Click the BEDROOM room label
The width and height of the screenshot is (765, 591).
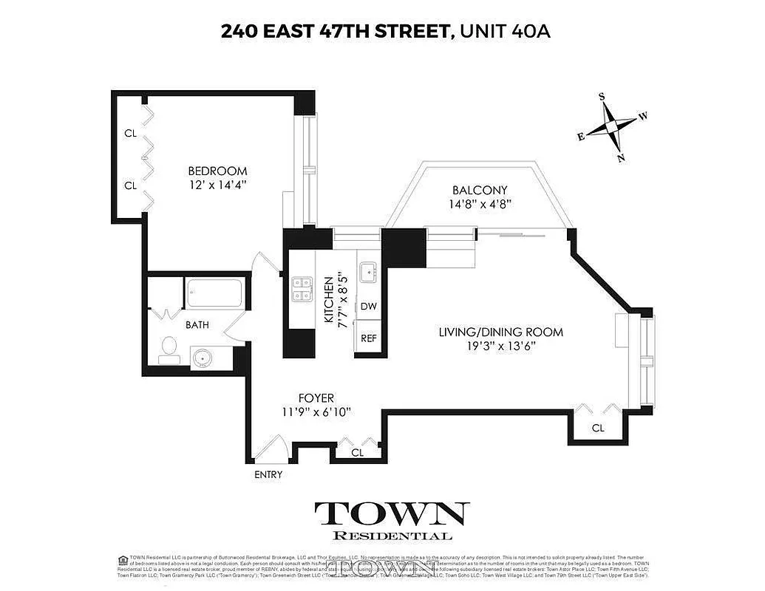click(x=217, y=171)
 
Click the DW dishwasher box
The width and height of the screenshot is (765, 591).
click(x=368, y=307)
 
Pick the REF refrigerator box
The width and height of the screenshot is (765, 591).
click(x=368, y=338)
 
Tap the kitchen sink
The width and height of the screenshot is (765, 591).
click(x=367, y=273)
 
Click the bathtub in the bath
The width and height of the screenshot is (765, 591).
click(x=214, y=295)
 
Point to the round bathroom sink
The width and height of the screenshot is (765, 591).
click(x=202, y=358)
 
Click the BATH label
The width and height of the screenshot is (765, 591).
click(x=197, y=324)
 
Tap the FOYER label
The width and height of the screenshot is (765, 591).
click(x=316, y=398)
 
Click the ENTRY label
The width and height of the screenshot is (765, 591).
click(x=268, y=475)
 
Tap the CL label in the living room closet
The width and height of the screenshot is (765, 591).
click(x=598, y=428)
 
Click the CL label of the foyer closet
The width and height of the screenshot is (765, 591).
click(x=357, y=452)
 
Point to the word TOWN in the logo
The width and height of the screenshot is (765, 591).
click(x=392, y=513)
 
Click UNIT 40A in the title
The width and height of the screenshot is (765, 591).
click(x=506, y=31)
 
